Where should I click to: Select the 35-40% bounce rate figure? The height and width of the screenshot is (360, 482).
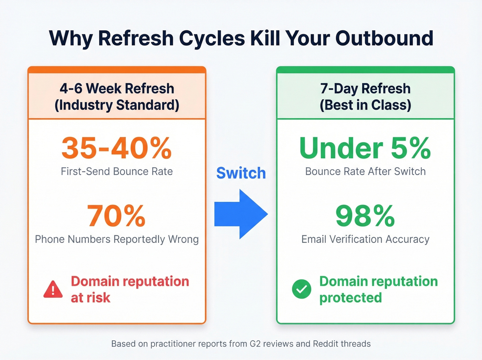[117, 148]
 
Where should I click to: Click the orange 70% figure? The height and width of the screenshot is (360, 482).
[116, 216]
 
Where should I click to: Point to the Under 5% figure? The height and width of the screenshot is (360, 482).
[365, 148]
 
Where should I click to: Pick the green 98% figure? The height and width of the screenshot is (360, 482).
[365, 216]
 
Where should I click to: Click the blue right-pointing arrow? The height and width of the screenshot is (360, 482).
[241, 214]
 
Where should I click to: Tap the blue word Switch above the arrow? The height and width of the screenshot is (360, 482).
[241, 173]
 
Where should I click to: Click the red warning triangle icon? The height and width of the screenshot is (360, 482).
[53, 289]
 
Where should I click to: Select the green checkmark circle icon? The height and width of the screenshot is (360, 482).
[302, 289]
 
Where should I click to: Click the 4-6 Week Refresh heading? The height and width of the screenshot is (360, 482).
[117, 89]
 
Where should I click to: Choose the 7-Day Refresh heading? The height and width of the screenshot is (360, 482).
[365, 89]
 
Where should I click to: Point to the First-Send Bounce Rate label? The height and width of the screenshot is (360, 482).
[117, 171]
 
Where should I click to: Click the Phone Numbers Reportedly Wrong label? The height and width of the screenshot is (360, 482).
[117, 239]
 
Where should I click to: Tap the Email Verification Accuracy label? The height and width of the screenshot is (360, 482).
[365, 239]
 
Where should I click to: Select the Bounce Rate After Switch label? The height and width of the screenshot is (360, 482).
[365, 171]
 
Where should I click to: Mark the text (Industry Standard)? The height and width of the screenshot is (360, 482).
[117, 105]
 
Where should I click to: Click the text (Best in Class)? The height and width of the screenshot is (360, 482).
[365, 105]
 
